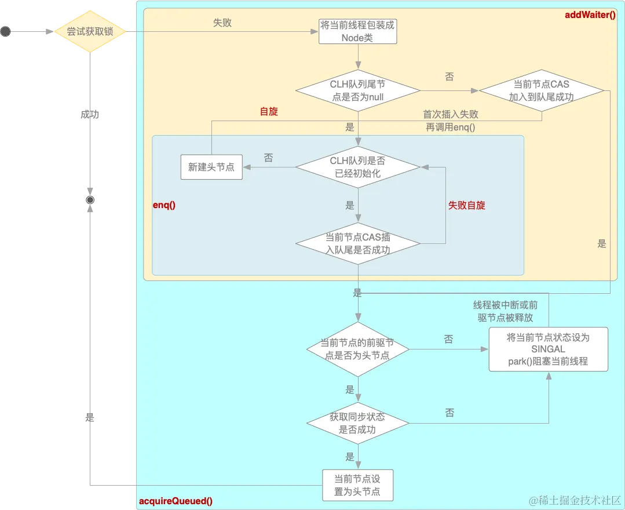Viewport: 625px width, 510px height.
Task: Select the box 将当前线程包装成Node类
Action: click(358, 32)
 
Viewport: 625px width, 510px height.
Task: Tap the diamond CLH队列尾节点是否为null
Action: click(357, 90)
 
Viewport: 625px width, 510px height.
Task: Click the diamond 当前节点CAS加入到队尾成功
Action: click(541, 90)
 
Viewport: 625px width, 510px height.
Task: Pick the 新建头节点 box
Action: click(211, 167)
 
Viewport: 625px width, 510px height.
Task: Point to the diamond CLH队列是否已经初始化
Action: click(357, 167)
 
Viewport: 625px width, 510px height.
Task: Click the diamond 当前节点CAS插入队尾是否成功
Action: click(357, 243)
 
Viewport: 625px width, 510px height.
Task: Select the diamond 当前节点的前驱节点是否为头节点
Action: click(357, 349)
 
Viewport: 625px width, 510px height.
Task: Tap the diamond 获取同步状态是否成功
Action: click(357, 424)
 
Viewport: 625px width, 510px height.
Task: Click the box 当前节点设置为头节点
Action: click(357, 485)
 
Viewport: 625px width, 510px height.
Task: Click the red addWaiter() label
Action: click(590, 14)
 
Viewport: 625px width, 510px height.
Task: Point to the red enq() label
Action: click(164, 206)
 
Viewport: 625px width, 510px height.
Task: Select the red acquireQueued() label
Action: click(176, 501)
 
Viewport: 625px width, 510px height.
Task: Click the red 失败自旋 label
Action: click(466, 205)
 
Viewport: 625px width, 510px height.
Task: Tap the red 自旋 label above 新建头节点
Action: click(269, 111)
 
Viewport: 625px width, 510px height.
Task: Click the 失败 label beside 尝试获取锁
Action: click(222, 23)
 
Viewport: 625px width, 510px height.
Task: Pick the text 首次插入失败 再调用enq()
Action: click(451, 121)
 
